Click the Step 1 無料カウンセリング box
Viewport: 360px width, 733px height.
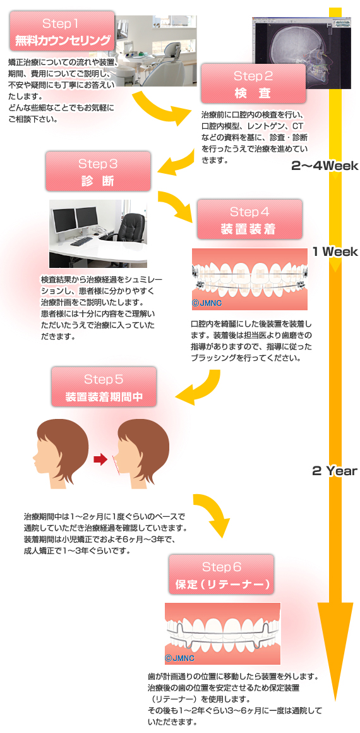[x=62, y=31]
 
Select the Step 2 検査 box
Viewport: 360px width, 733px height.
[x=253, y=83]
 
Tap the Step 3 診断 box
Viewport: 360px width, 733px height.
[x=98, y=171]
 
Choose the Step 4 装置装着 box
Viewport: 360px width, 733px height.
[x=249, y=219]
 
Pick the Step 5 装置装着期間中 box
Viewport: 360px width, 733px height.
[x=104, y=386]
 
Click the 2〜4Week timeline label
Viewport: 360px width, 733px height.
[x=325, y=166]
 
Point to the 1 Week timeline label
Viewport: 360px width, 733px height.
[x=335, y=251]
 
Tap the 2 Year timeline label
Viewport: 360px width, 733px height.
[x=334, y=470]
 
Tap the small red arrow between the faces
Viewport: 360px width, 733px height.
[x=100, y=460]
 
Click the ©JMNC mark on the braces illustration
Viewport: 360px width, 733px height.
[x=207, y=303]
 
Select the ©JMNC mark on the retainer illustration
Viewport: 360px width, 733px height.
[x=179, y=658]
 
